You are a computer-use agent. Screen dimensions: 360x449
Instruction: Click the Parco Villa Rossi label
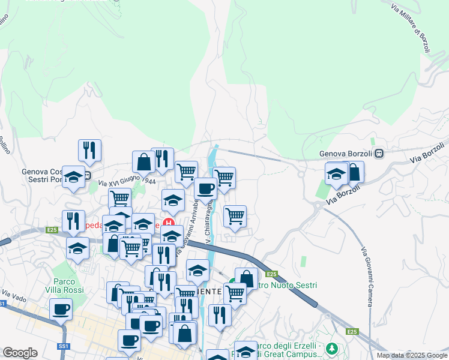click(x=68, y=286)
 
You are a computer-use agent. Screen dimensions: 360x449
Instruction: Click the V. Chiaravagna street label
click(x=209, y=221)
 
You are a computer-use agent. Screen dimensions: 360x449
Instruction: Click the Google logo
click(x=20, y=353)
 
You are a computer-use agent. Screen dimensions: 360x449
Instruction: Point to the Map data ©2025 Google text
click(x=411, y=355)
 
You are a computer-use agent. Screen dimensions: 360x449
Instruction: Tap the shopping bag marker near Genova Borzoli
click(x=354, y=172)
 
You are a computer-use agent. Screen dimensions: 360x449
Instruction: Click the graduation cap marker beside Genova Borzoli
click(x=337, y=174)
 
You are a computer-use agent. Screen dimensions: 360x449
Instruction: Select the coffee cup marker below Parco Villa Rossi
click(x=60, y=310)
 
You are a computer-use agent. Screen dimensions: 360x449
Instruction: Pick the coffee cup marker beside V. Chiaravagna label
click(x=205, y=188)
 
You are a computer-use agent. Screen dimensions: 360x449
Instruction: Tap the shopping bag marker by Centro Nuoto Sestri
click(x=246, y=278)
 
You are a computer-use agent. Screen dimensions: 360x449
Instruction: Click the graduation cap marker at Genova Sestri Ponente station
click(x=73, y=176)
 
